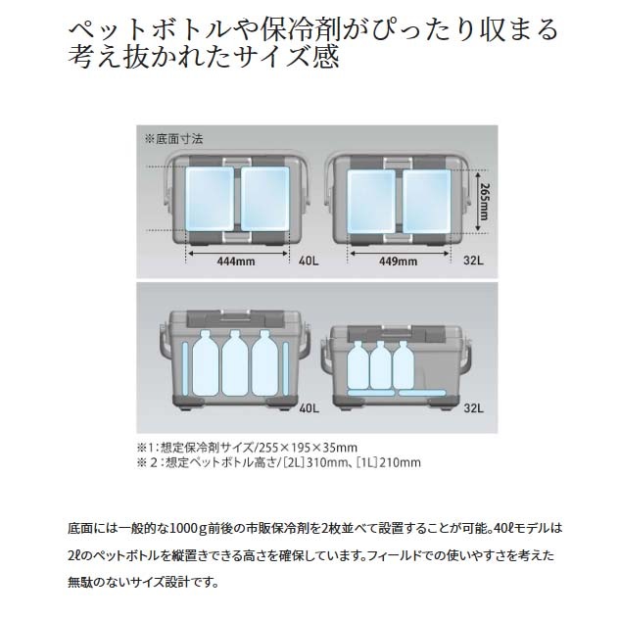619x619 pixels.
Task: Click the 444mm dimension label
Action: (x=236, y=261)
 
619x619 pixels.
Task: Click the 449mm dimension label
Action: (x=398, y=261)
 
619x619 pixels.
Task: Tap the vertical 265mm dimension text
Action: (x=484, y=202)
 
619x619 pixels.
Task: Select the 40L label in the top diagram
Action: (x=309, y=261)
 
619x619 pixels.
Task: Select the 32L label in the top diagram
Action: (x=473, y=261)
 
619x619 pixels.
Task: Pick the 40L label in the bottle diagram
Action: (x=309, y=407)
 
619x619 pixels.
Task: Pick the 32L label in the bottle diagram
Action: (x=473, y=407)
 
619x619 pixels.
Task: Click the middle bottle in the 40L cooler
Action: (x=235, y=363)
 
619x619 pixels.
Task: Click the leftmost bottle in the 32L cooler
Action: (x=358, y=365)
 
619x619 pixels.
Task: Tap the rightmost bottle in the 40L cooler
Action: (x=264, y=363)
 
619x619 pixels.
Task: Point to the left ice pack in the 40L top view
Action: (x=210, y=199)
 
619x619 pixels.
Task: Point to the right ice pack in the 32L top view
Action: (x=426, y=202)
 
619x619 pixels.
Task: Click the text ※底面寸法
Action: (x=174, y=139)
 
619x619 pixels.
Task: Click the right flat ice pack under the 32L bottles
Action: (x=422, y=393)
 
